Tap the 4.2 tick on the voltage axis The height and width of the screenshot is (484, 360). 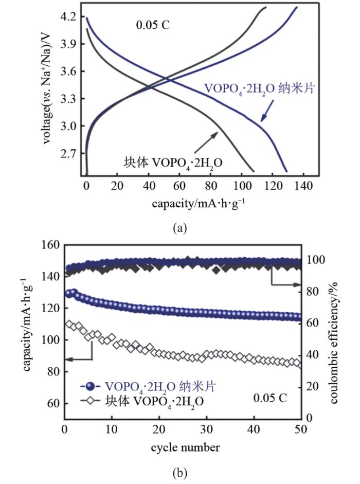pyautogui.click(x=67, y=17)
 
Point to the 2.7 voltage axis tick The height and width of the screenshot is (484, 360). pyautogui.click(x=67, y=153)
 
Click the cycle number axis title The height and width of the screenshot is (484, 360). pyautogui.click(x=186, y=447)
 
